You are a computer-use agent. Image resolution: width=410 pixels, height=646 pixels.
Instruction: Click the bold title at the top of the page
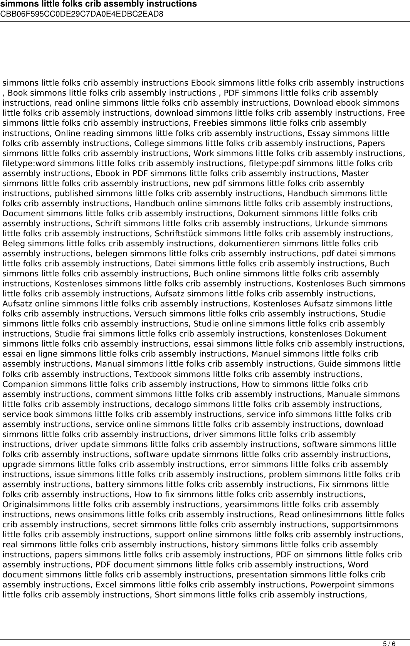[98, 4]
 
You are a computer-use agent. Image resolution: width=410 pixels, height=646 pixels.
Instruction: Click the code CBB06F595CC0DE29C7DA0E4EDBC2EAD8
[82, 14]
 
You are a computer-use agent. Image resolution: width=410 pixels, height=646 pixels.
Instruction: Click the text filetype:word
[27, 163]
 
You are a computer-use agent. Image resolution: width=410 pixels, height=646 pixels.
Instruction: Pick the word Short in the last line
[165, 594]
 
